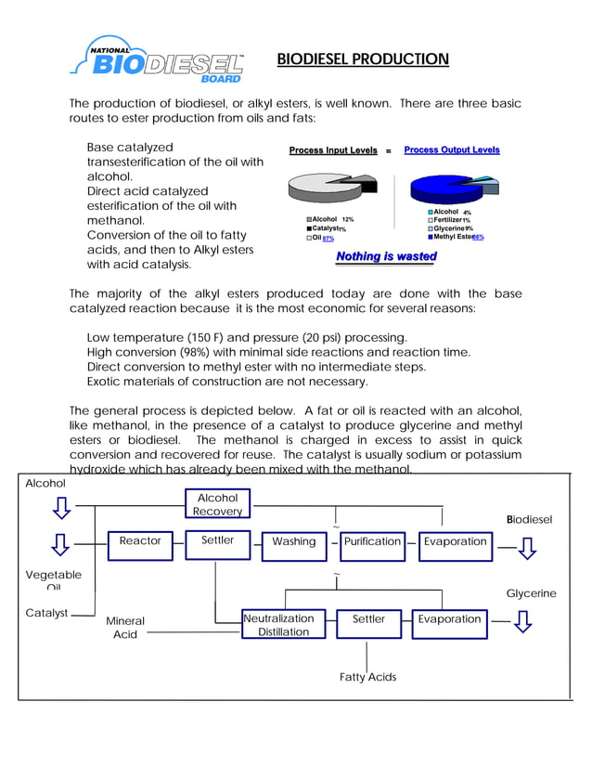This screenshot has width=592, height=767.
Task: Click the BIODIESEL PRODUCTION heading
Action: (363, 60)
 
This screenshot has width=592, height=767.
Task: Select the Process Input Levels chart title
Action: (333, 150)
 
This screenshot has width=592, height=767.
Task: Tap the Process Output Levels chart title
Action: (452, 149)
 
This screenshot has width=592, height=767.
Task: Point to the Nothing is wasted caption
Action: (386, 256)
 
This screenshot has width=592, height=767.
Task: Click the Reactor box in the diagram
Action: (140, 540)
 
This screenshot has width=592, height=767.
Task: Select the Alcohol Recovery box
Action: (217, 504)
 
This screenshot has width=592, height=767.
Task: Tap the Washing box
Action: (293, 541)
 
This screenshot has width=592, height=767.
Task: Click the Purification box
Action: (372, 541)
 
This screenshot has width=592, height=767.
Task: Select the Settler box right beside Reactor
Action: (218, 540)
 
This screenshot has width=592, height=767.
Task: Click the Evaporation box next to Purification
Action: (455, 541)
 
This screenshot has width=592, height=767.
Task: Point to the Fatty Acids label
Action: (367, 677)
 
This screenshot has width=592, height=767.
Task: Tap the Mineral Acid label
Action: (125, 628)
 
